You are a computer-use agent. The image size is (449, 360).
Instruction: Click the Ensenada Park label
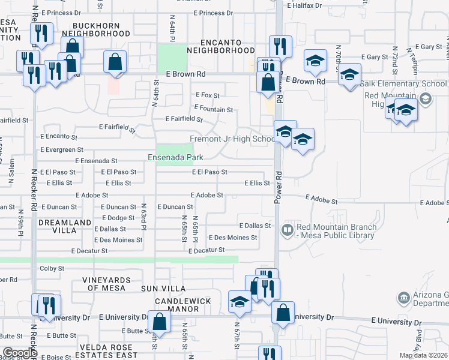[176, 158]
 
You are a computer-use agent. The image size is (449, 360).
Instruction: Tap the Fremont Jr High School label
[232, 139]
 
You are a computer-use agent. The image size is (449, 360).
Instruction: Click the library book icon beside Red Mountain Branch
[287, 229]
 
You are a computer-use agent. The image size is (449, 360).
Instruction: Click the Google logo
[20, 353]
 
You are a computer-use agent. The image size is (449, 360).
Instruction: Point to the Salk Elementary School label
[405, 85]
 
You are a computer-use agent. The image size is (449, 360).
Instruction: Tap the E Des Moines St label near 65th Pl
[233, 238]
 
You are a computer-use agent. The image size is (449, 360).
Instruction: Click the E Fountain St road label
[214, 110]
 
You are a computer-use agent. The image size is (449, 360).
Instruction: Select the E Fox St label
[208, 95]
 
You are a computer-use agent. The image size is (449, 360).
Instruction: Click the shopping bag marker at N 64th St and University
[159, 321]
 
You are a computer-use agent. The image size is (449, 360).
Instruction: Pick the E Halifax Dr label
[304, 5]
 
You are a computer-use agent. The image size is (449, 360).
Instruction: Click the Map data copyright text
[423, 355]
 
